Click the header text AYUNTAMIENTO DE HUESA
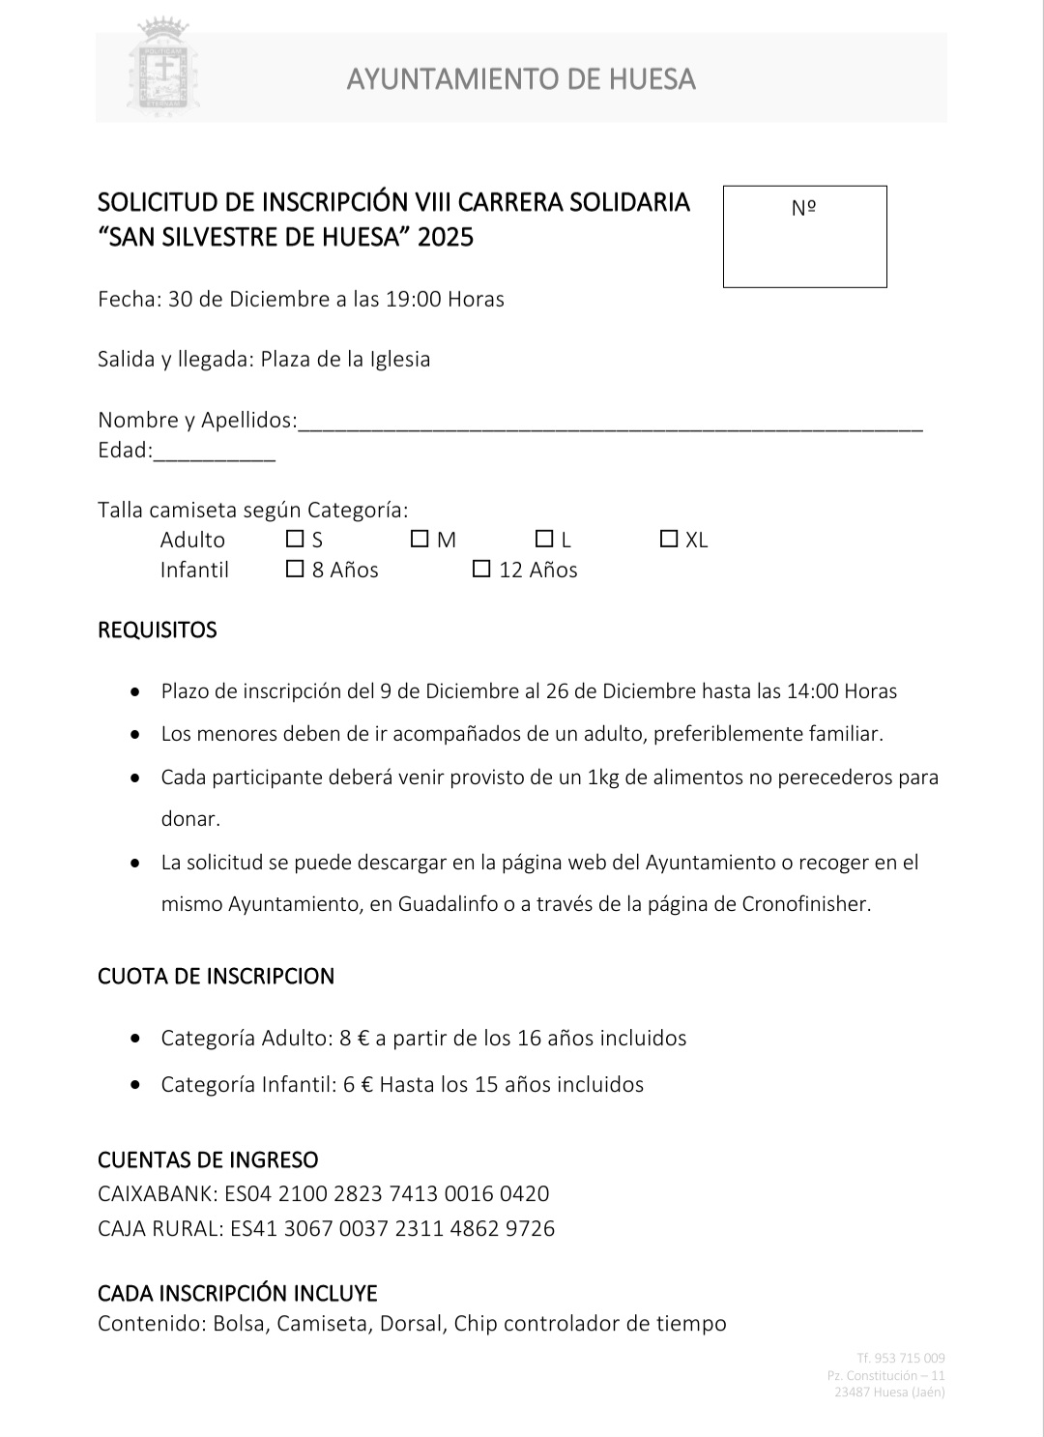coord(521,78)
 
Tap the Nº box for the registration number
coord(804,236)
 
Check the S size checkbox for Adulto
coord(295,539)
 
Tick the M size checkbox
coord(420,539)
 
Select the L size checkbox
coord(544,539)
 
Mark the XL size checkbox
coord(668,539)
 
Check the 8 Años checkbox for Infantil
coord(295,569)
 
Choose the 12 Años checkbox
coord(481,569)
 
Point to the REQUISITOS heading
coord(158,630)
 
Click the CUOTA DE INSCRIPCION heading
coord(216,976)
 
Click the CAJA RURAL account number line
coord(326,1228)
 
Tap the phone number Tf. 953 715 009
coord(900,1358)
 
